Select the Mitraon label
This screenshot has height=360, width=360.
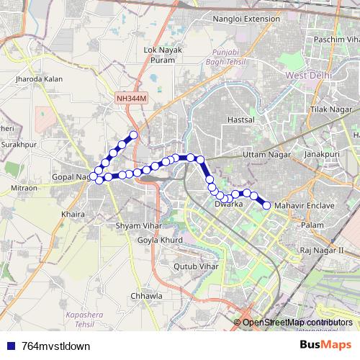click(24, 188)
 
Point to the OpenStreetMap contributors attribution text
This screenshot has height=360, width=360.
click(298, 322)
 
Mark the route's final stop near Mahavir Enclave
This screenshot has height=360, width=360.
click(266, 205)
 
